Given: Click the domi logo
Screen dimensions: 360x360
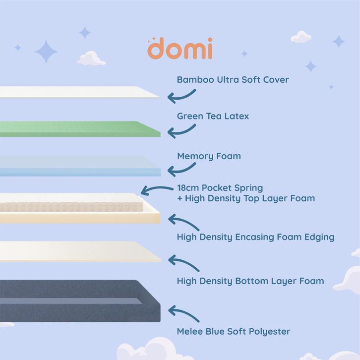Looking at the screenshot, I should click(180, 49).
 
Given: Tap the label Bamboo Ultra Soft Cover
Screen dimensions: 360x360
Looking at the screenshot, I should click(233, 79).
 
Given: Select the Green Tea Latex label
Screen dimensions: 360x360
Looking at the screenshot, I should click(213, 116).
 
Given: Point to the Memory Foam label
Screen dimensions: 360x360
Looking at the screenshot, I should click(209, 156).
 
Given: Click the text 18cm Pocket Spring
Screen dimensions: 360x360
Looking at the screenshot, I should click(220, 188).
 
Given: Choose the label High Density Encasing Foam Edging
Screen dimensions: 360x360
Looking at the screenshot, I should click(255, 237).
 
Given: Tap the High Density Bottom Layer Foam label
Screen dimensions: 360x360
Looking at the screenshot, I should click(250, 281).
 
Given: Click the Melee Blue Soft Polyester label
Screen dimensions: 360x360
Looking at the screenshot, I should click(234, 331).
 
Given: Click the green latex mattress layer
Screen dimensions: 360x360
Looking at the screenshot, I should click(79, 129).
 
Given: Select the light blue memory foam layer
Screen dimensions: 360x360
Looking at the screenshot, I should click(79, 166).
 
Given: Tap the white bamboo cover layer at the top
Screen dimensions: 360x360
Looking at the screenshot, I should click(79, 92).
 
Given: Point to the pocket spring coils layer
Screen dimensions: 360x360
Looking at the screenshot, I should click(69, 204).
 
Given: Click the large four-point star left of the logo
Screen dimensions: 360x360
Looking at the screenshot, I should click(46, 51).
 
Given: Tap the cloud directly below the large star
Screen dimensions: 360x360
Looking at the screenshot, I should click(91, 59).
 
